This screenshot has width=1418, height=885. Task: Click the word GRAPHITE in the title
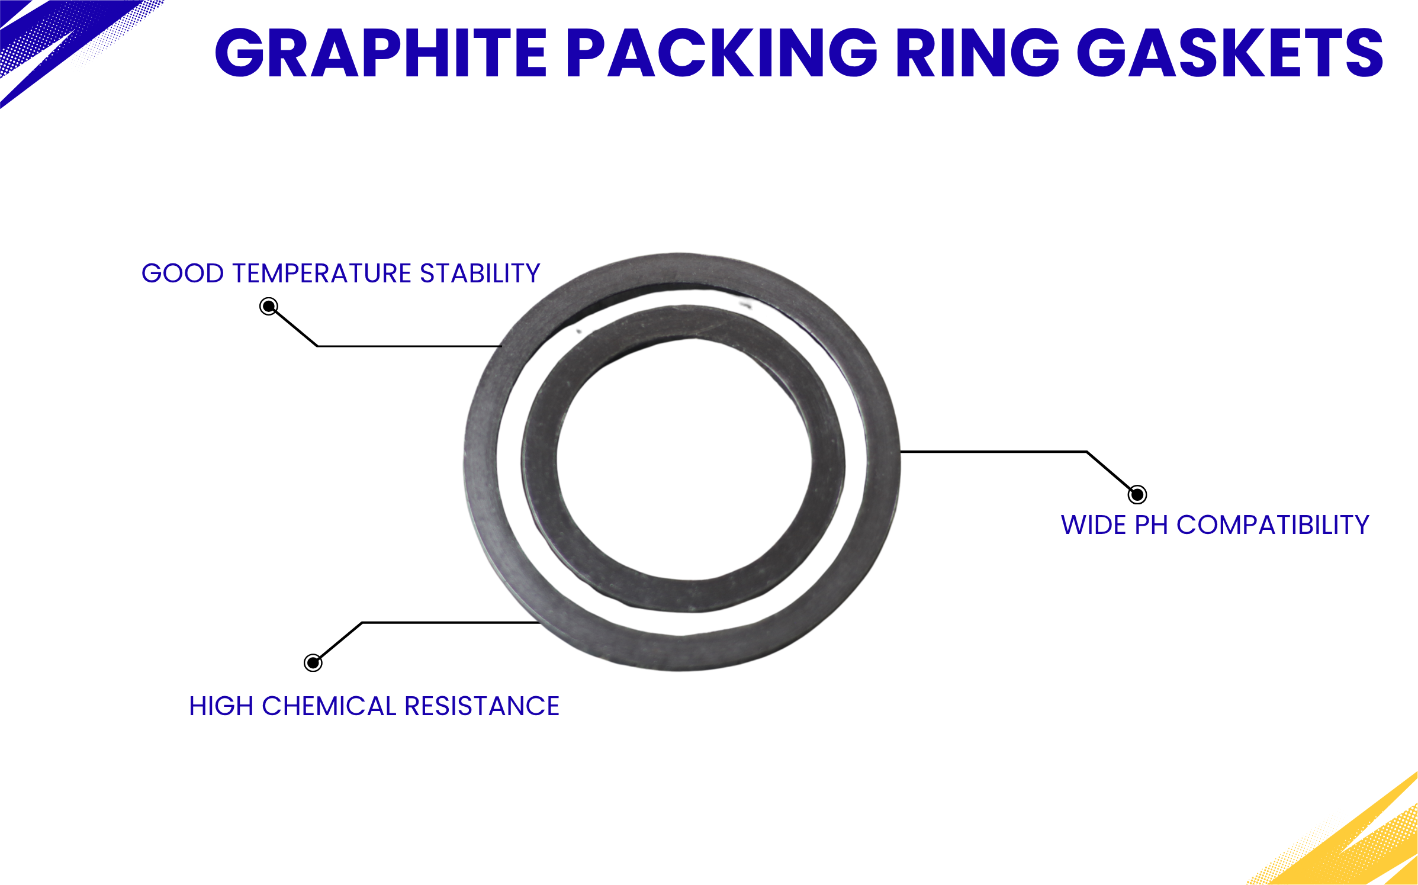[x=381, y=53]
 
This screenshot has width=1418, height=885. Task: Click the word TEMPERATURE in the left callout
[x=322, y=273]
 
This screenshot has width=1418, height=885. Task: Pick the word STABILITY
[x=480, y=273]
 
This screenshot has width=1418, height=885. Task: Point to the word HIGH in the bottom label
[x=221, y=706]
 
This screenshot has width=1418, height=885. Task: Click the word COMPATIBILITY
[x=1273, y=525]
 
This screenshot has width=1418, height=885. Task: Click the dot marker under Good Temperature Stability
[x=269, y=306]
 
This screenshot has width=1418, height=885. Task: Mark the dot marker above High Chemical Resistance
[x=313, y=662]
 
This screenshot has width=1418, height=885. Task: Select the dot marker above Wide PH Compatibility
[x=1137, y=494]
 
